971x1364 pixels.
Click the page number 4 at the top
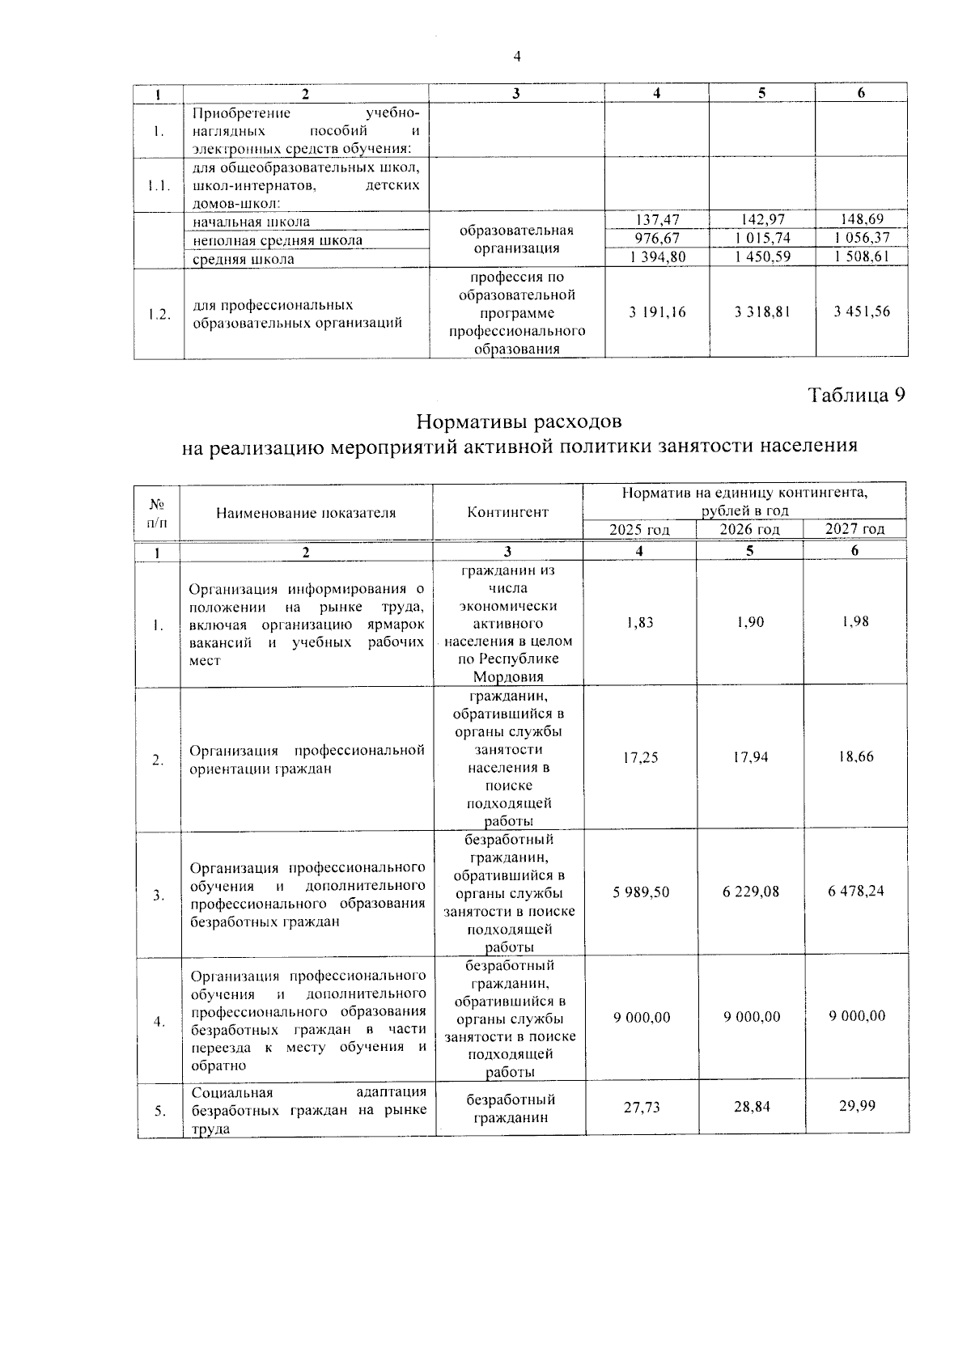tap(517, 57)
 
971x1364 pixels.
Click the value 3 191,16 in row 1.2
tap(656, 311)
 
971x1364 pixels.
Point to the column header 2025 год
tap(639, 530)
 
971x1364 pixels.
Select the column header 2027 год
tap(854, 530)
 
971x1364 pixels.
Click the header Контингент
tap(507, 512)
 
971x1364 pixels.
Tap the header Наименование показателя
tap(306, 512)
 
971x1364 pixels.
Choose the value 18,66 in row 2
tap(856, 757)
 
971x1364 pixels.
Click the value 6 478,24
tap(856, 892)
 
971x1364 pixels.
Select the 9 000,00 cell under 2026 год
tap(752, 1017)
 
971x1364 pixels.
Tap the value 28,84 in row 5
tap(752, 1107)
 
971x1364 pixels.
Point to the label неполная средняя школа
tap(278, 240)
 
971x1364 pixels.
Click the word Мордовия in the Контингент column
tap(508, 677)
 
